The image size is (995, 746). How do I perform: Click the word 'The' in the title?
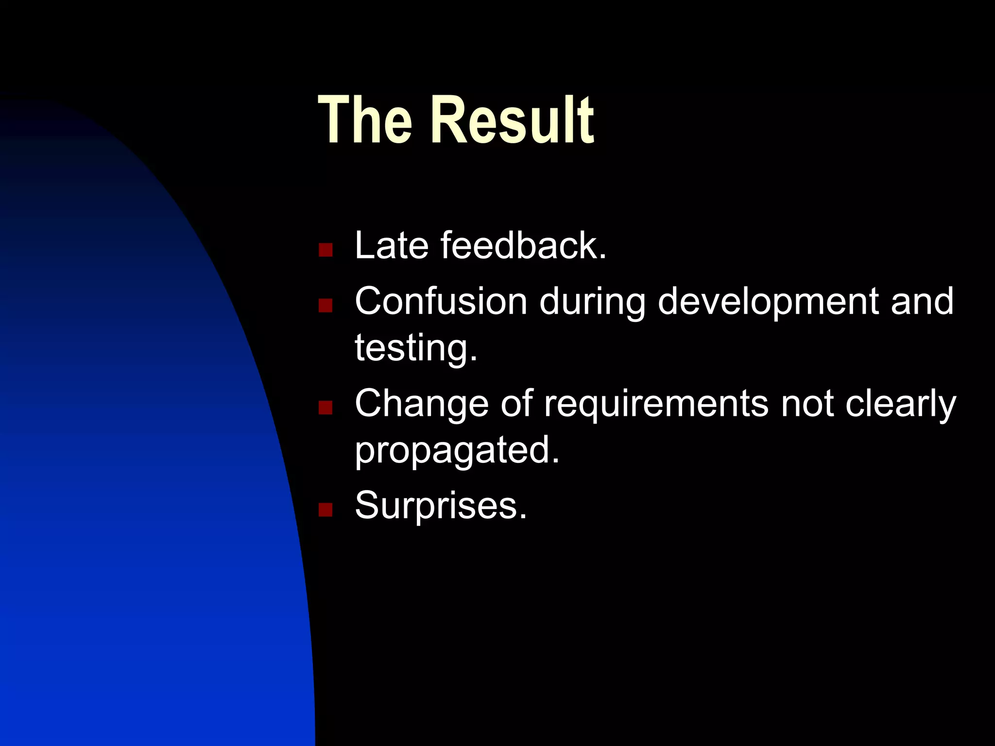(365, 120)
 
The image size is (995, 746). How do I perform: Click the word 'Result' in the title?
(513, 120)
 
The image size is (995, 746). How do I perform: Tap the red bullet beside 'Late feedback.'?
(325, 250)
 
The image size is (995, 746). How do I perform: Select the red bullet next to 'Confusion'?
(325, 305)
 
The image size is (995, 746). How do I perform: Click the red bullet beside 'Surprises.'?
(325, 509)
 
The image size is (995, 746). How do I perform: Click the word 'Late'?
(391, 246)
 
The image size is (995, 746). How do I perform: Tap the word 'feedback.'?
(524, 246)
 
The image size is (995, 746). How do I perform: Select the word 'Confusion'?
(441, 302)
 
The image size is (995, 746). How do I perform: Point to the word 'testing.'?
(416, 349)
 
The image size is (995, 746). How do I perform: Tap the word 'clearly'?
(900, 405)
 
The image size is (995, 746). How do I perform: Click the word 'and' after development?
(922, 302)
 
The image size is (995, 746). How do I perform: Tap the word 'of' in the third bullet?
(516, 404)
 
